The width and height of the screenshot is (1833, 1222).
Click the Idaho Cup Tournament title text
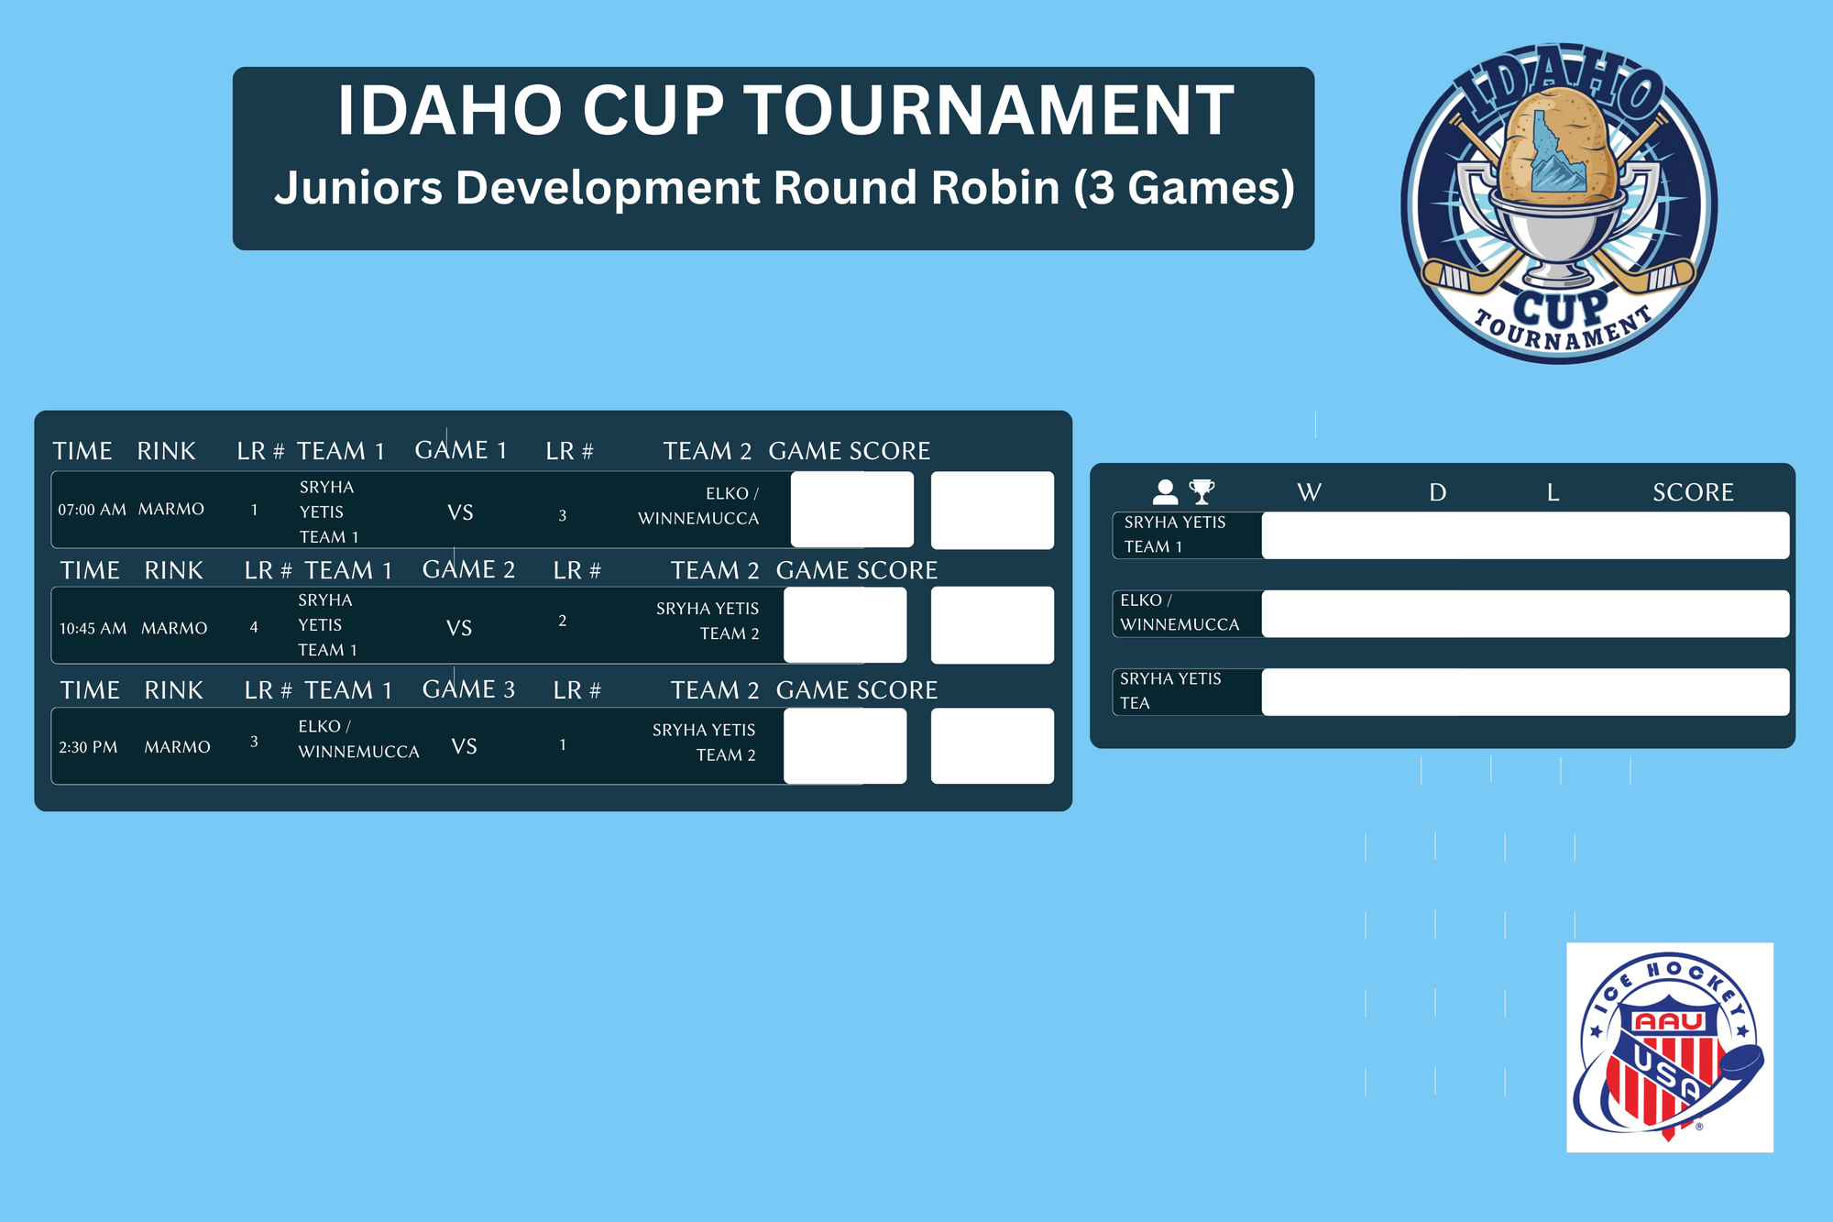785,110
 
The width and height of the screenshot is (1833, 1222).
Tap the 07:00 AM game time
92,510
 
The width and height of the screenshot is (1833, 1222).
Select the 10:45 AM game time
93,629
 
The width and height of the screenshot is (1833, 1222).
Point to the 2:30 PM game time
88,747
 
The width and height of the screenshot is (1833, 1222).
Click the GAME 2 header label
468,569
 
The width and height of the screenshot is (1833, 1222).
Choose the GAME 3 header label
468,689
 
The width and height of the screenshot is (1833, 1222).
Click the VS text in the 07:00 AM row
460,512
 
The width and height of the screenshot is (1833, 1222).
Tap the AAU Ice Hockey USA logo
1669,1047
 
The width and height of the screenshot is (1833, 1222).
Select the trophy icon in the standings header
1202,492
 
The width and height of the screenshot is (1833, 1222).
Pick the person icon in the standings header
1165,492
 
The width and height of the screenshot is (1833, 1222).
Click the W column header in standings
1309,493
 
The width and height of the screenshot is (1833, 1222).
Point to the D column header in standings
1437,493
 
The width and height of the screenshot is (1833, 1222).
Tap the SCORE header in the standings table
1693,493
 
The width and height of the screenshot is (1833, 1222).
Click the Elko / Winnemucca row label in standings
1180,612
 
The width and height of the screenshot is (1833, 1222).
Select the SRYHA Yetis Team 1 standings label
1175,534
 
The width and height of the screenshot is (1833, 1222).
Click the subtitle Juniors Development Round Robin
785,188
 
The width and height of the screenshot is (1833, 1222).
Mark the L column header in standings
1553,493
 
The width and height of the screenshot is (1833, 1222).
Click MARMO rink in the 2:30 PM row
177,747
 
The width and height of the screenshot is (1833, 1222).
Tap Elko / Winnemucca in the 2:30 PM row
358,739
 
